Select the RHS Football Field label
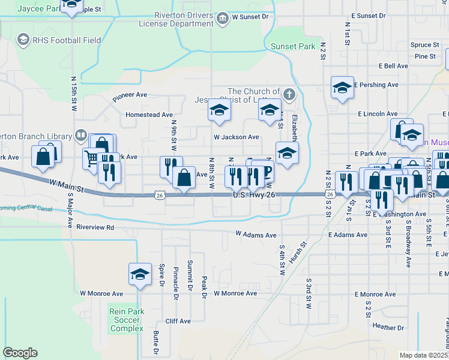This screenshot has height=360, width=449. pos(67,40)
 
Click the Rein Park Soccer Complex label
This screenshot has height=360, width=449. pos(127,320)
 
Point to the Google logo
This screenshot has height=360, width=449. pos(20,353)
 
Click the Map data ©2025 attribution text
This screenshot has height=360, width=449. pos(423,355)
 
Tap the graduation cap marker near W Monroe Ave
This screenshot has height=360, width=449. pos(140,275)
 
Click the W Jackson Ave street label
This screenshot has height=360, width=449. pos(237,137)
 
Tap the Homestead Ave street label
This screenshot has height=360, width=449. pos(149,115)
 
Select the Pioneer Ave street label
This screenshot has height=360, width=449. pos(130,95)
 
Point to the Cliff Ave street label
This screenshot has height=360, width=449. pos(178,321)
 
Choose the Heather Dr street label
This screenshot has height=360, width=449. pos(386,326)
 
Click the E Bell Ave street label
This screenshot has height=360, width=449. pos(394,66)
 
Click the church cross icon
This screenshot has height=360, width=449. pos(289,94)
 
